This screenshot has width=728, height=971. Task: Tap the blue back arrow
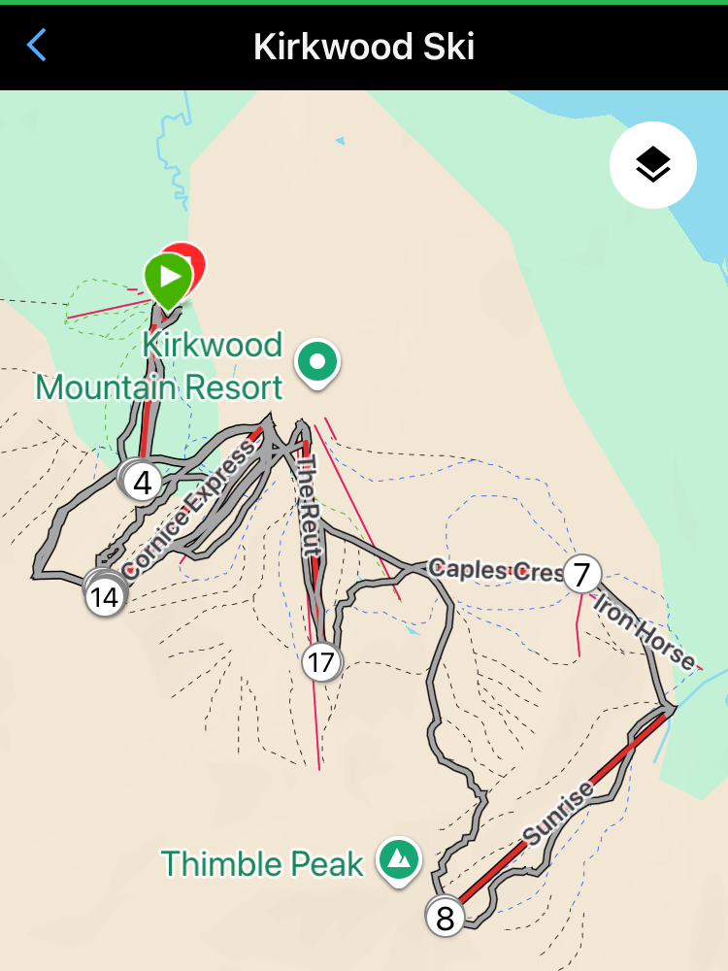coord(37,46)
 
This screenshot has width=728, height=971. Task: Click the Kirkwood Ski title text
coord(364,46)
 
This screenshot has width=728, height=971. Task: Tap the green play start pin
coord(169,278)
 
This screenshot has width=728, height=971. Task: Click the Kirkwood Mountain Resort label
coord(160,366)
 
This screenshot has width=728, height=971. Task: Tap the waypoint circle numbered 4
coord(144,482)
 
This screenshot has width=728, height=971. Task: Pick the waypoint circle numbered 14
coord(105,596)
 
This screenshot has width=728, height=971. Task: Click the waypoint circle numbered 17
coord(320,663)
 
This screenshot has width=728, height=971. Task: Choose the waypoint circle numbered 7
coord(581,574)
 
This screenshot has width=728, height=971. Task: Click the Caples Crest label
coord(495,570)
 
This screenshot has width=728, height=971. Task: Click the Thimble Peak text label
coord(262,863)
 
